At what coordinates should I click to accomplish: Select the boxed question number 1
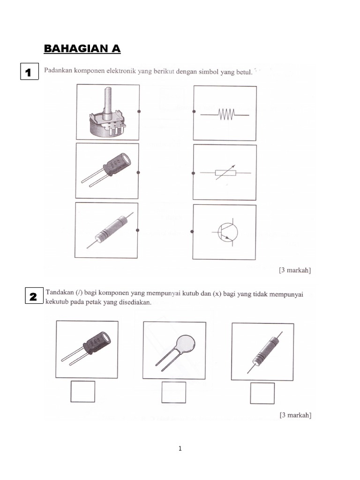point(29,73)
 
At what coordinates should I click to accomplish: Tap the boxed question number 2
point(33,297)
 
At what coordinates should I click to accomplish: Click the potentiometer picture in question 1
point(108,112)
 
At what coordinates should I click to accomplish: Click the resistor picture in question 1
point(107,231)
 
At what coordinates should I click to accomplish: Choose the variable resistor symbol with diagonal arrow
point(225,173)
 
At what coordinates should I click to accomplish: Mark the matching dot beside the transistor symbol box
point(192,232)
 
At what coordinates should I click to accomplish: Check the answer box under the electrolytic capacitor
point(83,391)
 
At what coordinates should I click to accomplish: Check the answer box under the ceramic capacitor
point(174,392)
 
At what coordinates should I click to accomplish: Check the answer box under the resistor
point(262,393)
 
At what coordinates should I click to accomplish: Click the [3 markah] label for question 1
point(295,270)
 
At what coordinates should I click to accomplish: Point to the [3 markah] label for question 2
point(295,415)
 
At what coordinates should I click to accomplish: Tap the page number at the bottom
point(180,449)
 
